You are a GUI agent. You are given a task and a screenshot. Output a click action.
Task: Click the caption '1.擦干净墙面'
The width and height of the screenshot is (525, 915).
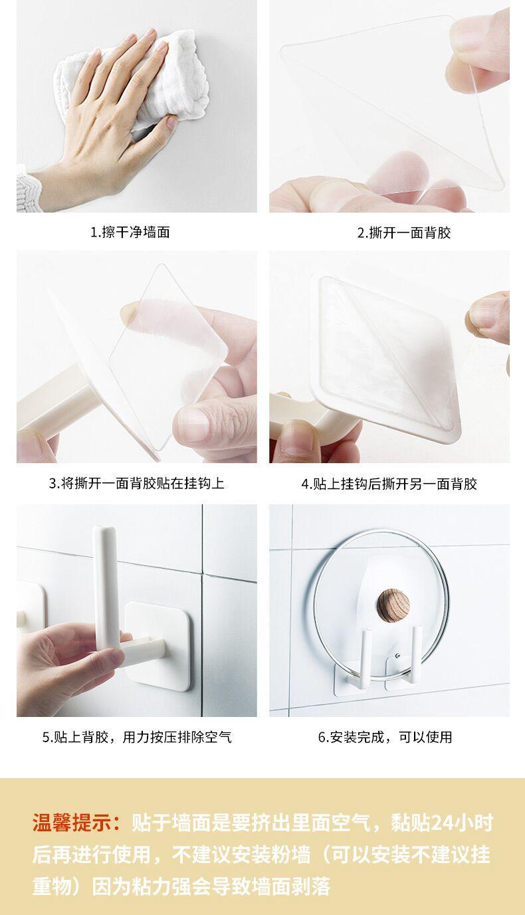point(130,233)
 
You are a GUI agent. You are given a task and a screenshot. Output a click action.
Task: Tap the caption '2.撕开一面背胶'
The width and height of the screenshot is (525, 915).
point(403,233)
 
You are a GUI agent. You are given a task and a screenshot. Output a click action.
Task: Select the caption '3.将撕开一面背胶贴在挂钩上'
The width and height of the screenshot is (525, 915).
point(136,483)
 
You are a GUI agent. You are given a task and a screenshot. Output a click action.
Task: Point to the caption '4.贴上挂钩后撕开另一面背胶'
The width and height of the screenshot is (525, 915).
point(389,484)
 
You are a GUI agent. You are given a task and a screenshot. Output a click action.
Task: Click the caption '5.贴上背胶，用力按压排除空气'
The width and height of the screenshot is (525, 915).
point(137,737)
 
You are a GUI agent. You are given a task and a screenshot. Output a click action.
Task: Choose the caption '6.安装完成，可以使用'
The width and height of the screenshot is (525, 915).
point(385,737)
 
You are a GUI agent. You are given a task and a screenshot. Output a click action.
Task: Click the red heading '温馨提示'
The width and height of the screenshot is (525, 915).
point(72,822)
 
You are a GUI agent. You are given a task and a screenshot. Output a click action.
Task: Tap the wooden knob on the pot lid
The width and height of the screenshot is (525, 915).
point(393,604)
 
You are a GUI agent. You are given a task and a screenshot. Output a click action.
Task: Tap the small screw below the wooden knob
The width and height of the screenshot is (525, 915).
point(397,656)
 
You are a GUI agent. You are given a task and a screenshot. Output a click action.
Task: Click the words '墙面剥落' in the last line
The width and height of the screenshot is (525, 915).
point(291,886)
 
